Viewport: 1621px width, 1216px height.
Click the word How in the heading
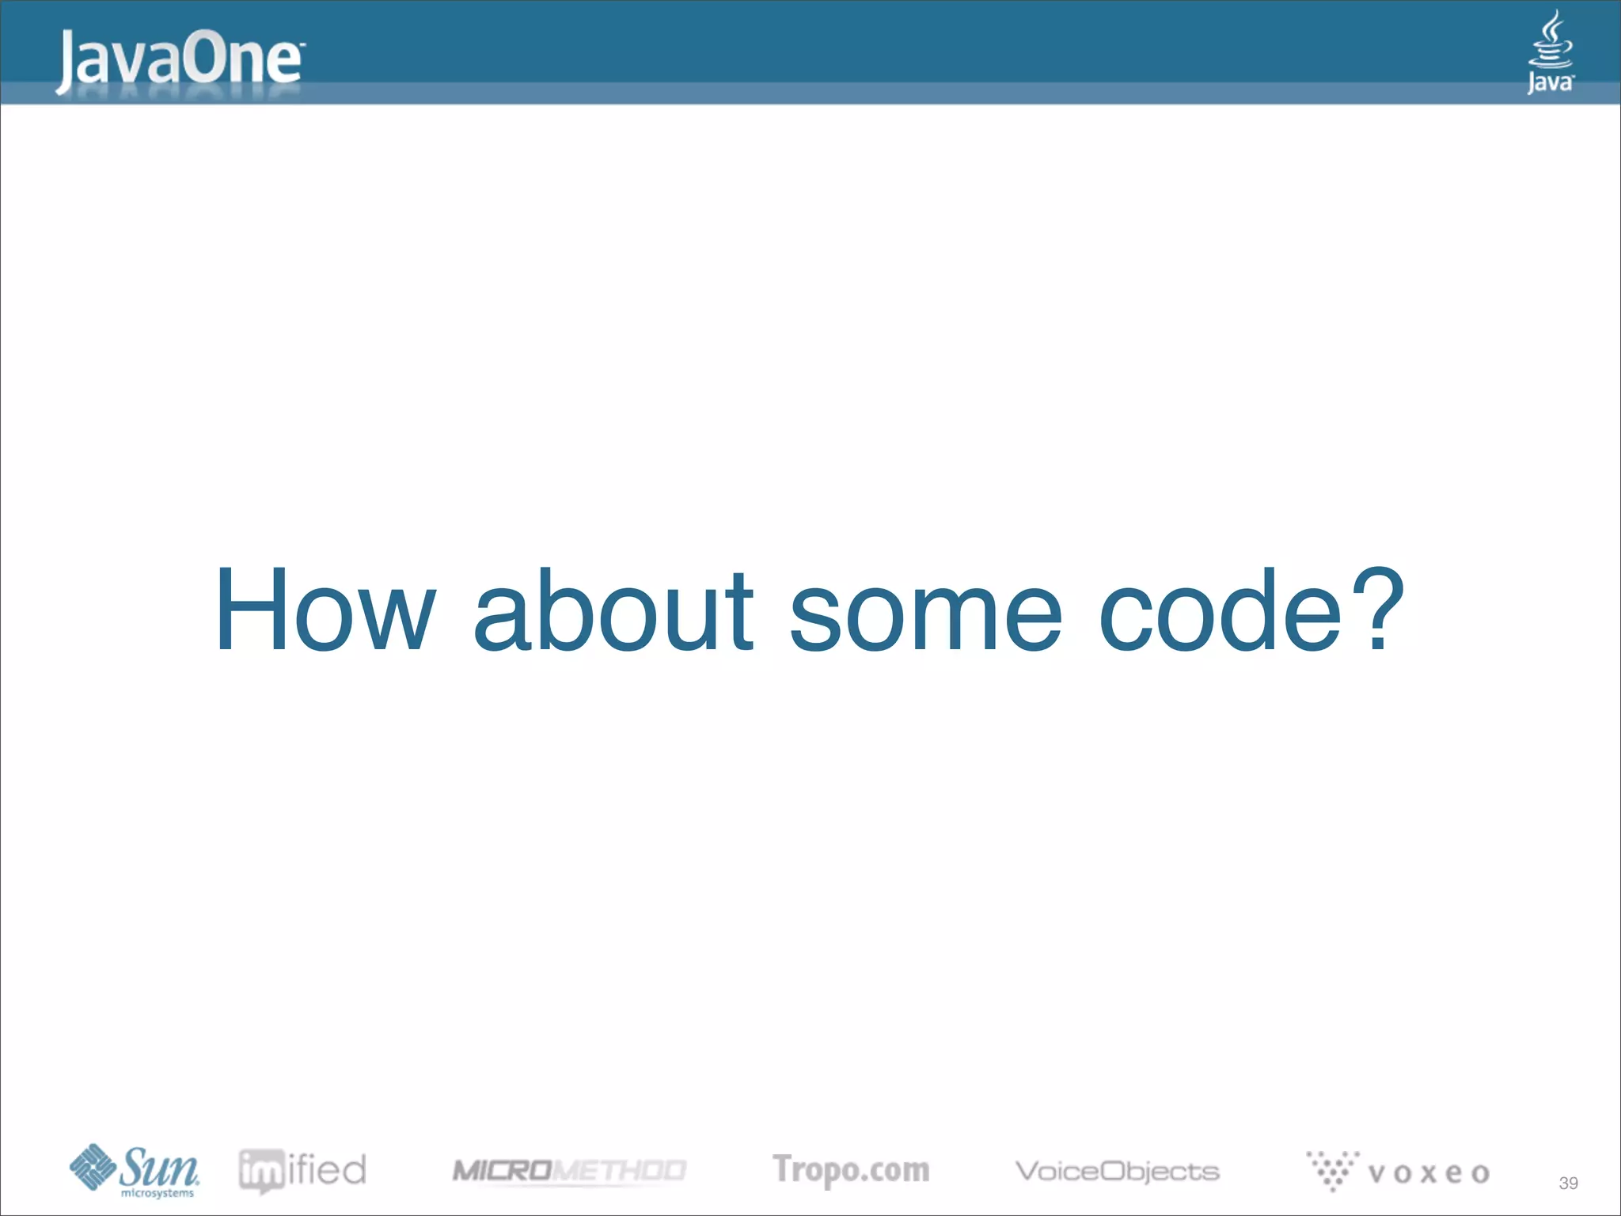[x=325, y=611]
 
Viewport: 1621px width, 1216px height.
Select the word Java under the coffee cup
[x=1550, y=82]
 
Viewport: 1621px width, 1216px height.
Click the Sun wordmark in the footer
[x=158, y=1166]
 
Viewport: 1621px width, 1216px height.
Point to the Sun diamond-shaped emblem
[x=93, y=1166]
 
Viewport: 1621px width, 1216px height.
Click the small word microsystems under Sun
[x=158, y=1193]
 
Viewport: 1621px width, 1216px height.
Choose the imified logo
[x=302, y=1170]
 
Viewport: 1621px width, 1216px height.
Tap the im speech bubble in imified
[x=261, y=1171]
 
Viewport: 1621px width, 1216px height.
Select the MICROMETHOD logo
[x=568, y=1170]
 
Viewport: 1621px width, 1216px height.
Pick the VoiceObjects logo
[x=1117, y=1171]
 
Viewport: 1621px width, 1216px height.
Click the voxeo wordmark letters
[x=1428, y=1173]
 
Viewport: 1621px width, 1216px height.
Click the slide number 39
[x=1568, y=1183]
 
